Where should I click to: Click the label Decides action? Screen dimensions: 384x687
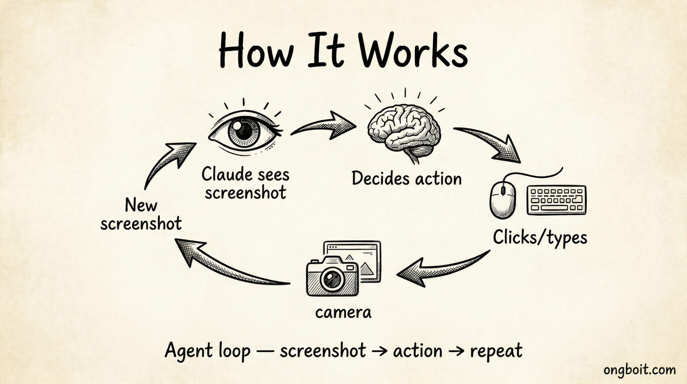407,179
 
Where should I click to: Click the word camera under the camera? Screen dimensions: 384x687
343,312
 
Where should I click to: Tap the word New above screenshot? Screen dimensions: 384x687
141,206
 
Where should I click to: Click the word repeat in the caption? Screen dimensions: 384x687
496,351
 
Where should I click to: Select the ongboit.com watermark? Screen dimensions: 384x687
643,370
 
